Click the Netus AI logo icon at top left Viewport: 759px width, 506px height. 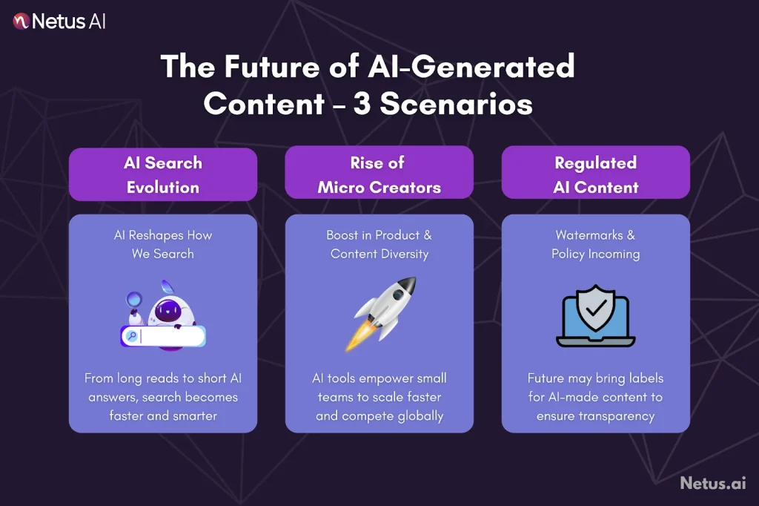point(21,21)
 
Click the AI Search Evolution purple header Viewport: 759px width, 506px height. point(163,174)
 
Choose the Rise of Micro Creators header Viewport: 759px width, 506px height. point(379,174)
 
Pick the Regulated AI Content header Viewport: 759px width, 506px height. point(595,174)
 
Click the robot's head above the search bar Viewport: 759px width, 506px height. point(165,308)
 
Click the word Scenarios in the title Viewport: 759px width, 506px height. point(456,104)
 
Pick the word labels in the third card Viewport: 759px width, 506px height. point(644,378)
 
